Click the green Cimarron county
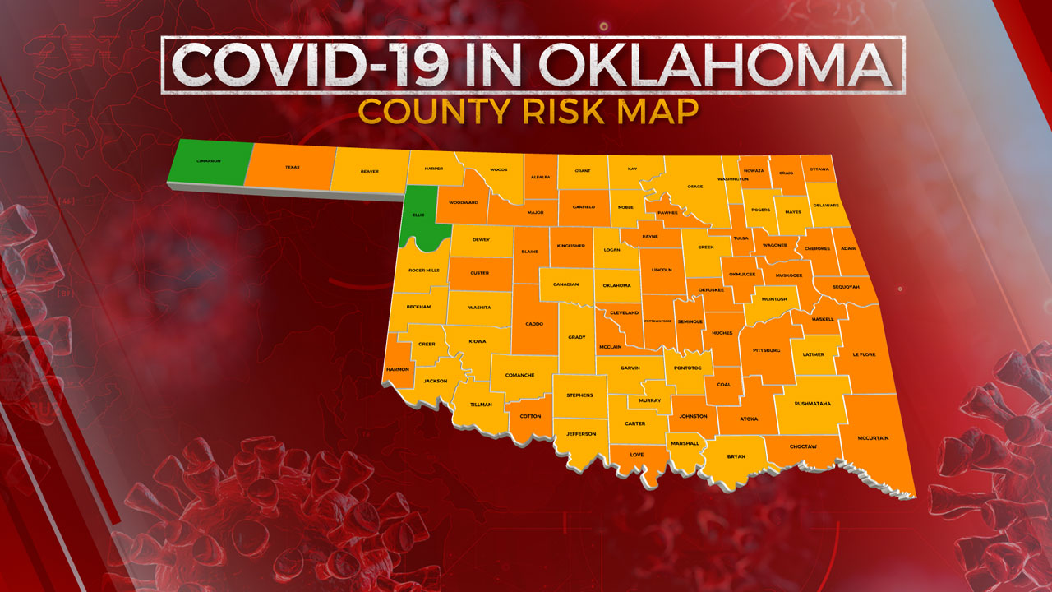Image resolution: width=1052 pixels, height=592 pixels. tap(208, 162)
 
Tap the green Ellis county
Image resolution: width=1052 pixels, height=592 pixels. tap(418, 215)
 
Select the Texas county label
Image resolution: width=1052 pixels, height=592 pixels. tap(292, 167)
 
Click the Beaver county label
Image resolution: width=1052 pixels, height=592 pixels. tap(369, 171)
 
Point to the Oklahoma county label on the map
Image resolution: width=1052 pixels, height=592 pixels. tap(616, 285)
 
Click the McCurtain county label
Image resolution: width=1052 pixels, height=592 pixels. tap(874, 438)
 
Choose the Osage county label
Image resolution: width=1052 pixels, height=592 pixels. tap(694, 187)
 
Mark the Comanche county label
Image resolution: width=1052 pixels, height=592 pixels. tap(519, 375)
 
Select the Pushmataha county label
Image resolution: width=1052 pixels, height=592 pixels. tap(813, 404)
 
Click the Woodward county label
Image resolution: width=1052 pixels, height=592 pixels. tap(463, 202)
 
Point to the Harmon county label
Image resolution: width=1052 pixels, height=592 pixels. tap(398, 369)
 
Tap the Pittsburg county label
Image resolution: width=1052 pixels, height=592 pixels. tap(766, 350)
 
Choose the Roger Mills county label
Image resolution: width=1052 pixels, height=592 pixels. tap(423, 270)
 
